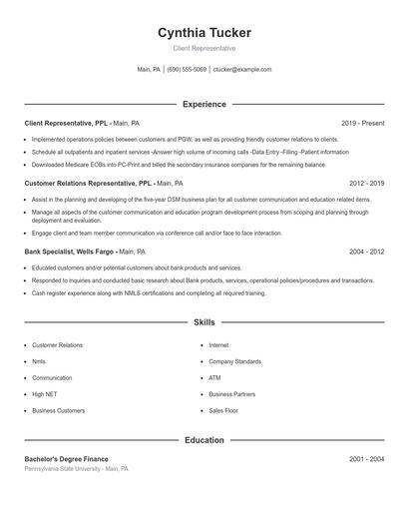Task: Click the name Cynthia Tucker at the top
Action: pos(204,32)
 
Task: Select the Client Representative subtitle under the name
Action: pos(204,48)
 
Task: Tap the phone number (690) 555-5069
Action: pos(187,70)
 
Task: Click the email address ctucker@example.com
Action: pos(242,70)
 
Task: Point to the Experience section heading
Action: pos(204,104)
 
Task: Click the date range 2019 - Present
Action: pos(362,123)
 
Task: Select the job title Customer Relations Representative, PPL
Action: pos(87,184)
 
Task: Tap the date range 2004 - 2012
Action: pos(366,253)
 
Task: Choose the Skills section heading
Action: pos(204,323)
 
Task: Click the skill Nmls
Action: pos(39,361)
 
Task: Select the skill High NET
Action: pos(44,394)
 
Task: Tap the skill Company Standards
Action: pos(234,361)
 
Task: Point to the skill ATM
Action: pos(214,378)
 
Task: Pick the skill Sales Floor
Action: pos(223,410)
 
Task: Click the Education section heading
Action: pos(204,440)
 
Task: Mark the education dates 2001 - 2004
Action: pos(366,458)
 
